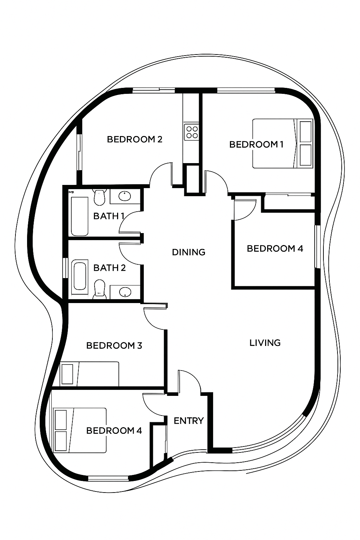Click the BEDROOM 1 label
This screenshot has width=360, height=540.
256,144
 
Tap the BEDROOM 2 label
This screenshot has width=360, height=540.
135,139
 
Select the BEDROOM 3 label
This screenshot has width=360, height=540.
114,346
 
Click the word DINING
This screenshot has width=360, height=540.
188,252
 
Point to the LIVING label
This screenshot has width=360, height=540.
265,343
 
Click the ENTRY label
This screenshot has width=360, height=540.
189,421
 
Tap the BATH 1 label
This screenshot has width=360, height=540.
109,216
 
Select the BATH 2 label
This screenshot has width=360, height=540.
109,268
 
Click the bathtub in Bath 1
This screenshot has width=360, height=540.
79,216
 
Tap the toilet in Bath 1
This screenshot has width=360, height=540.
99,198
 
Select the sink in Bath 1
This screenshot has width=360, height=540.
125,196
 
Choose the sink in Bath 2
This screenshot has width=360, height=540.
125,292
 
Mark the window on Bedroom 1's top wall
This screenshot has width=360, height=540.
246,90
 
